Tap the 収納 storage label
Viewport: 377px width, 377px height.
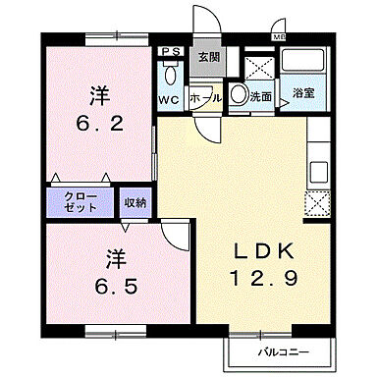[135, 203]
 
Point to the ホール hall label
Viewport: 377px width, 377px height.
[205, 99]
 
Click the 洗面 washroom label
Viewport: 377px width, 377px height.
[260, 97]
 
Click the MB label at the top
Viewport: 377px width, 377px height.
[280, 38]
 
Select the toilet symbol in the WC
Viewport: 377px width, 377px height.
[171, 74]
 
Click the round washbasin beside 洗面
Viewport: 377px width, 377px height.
[238, 95]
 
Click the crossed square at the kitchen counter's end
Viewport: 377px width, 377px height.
[318, 204]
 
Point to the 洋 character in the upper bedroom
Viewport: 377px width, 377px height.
[98, 96]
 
